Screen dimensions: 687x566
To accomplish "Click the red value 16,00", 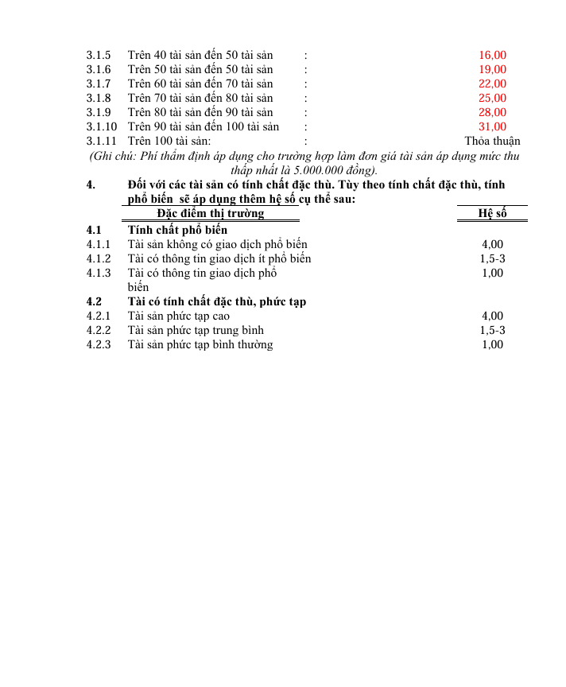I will (492, 56).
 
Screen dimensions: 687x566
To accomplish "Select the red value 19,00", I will (492, 70).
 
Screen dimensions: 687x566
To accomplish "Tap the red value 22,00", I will (492, 84).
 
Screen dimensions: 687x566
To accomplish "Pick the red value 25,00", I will (492, 99).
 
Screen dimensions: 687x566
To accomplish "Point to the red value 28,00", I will (492, 113).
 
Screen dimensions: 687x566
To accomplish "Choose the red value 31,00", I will (492, 127).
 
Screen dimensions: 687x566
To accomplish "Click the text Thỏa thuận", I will (492, 142).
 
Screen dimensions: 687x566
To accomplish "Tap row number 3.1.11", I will (101, 142).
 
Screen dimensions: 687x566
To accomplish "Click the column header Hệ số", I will (492, 213).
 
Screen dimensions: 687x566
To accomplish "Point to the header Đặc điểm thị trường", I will (211, 213).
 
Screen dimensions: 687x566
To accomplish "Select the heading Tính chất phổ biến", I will (177, 231).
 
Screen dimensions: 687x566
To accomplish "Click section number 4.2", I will (95, 302).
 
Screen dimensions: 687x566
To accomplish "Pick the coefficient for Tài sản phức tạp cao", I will (492, 316).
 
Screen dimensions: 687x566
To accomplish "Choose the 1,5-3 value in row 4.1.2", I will (492, 259).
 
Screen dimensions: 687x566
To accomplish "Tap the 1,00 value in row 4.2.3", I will (492, 345).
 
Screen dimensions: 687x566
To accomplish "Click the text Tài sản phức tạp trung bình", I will (196, 331).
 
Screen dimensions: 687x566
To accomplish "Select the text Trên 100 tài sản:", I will (169, 142).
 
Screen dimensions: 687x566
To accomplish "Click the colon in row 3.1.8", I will (305, 99).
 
